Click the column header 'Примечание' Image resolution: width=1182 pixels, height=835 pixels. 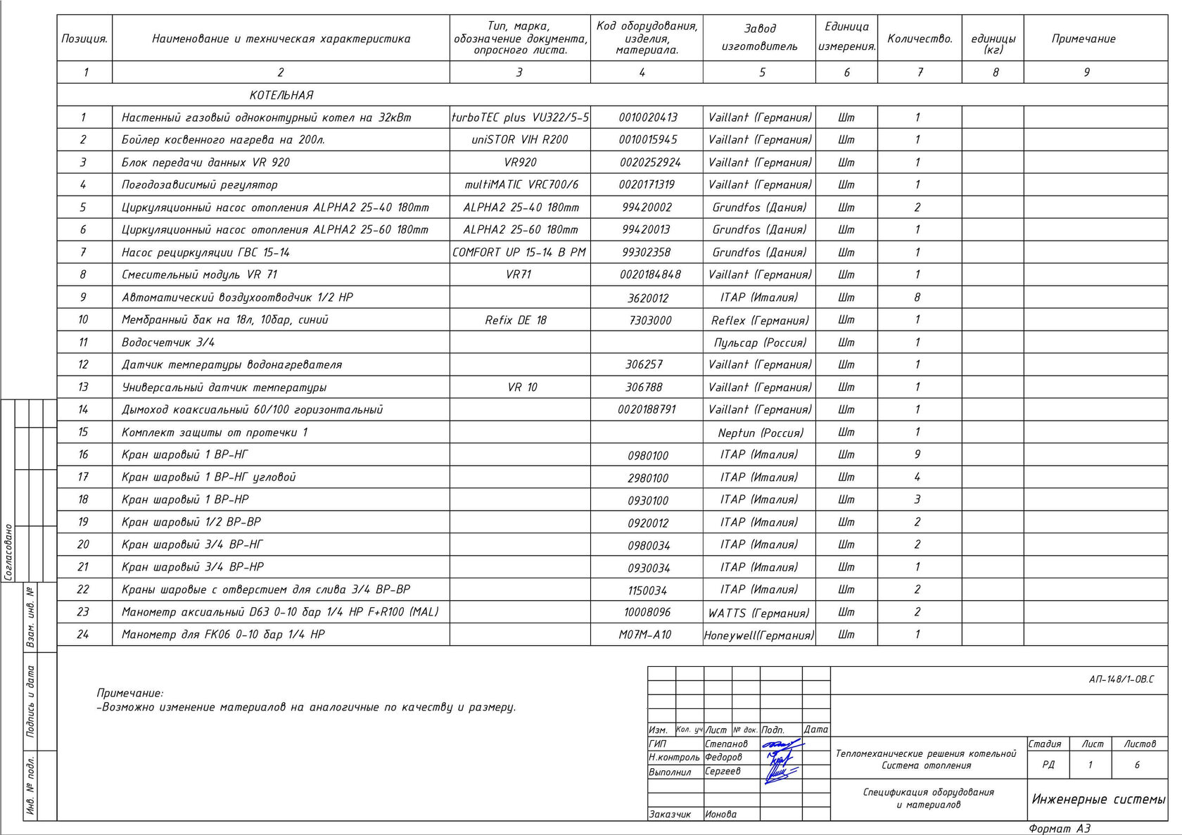click(1083, 39)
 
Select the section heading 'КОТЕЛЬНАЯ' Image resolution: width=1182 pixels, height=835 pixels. click(281, 95)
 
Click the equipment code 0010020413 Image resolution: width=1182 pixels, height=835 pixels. click(647, 117)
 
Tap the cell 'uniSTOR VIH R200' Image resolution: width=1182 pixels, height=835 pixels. click(519, 139)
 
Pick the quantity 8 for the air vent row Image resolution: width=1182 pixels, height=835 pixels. click(917, 297)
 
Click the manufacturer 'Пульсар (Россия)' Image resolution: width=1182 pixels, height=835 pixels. click(760, 343)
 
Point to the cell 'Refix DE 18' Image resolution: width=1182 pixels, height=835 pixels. click(516, 320)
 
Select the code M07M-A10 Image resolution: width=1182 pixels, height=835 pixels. click(645, 635)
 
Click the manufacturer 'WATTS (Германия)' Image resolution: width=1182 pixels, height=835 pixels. click(758, 613)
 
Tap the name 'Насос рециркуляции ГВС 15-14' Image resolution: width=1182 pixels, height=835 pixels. click(205, 252)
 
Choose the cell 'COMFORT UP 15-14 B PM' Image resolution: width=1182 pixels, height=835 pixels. click(519, 252)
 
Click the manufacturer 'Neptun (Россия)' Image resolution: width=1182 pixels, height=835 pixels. click(760, 433)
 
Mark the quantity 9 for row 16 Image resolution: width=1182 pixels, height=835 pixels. click(917, 454)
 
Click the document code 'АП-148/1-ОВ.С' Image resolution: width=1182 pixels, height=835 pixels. click(1121, 680)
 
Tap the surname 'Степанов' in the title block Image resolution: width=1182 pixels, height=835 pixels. click(726, 744)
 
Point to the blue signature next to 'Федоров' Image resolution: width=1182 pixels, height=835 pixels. click(779, 758)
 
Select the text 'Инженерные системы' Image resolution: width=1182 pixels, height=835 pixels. click(1098, 799)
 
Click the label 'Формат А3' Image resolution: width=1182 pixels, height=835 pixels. click(1059, 829)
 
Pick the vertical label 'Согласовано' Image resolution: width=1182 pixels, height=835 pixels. click(8, 552)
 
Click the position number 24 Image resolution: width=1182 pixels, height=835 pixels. click(83, 635)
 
